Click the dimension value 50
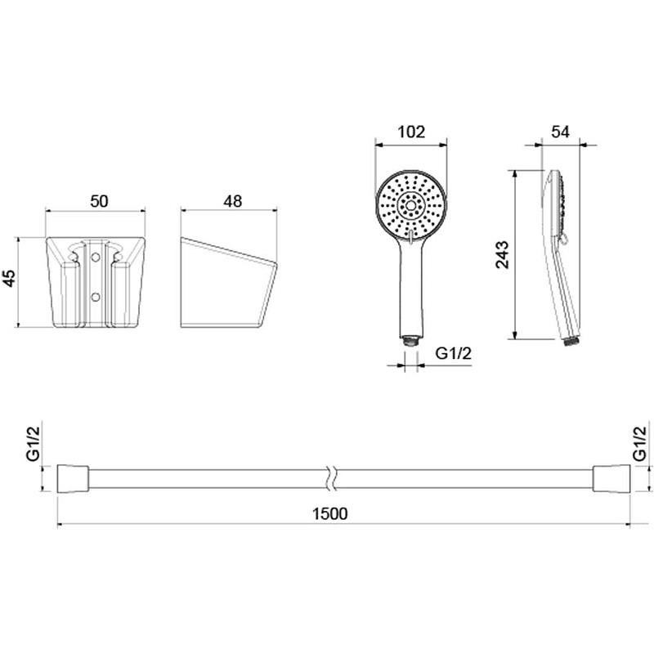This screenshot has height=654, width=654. coord(99,201)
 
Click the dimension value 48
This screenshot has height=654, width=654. coord(232,201)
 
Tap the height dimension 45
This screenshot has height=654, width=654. coord(9,278)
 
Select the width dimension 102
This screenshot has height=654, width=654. coord(411,132)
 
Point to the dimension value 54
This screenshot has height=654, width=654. coord(560,132)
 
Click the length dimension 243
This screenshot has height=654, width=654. coord(502,255)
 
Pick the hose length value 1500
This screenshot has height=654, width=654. coord(330,514)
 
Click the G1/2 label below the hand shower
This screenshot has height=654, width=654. coord(454,353)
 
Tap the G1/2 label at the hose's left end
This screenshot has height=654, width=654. coord(34,443)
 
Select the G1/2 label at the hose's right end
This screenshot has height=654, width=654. coord(640,442)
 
